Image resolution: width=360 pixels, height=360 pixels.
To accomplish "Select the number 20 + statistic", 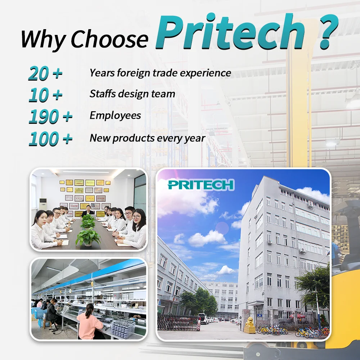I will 45,74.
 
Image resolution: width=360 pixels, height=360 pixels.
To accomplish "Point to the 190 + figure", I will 50,117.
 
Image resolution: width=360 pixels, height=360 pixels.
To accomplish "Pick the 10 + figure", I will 45,95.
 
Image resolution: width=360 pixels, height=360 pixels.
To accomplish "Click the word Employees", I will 115,116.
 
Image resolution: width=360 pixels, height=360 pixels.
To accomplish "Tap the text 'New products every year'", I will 147,138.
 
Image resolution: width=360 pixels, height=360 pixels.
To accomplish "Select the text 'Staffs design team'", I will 132,94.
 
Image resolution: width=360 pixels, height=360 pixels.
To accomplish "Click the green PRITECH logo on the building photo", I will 201,185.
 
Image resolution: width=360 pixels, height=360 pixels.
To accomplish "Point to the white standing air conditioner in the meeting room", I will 42,207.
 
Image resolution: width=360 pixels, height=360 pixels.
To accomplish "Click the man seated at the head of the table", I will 86,211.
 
